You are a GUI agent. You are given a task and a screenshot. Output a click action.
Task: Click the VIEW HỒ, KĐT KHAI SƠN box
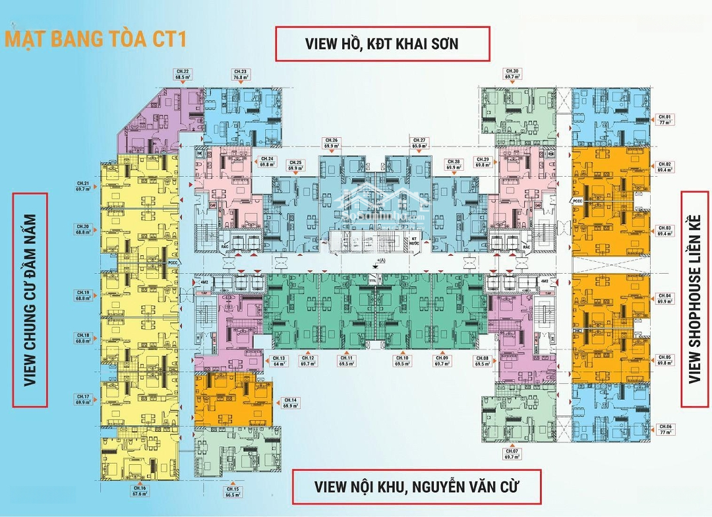click(382, 44)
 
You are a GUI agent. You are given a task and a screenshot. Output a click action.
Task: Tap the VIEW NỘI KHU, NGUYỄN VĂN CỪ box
click(417, 487)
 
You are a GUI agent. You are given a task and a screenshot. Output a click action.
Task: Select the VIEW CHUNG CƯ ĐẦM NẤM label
click(30, 299)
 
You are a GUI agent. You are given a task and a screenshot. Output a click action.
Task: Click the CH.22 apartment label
click(182, 74)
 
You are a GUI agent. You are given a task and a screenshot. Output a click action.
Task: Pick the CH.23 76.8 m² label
click(240, 74)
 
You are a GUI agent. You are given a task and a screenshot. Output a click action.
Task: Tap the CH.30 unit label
click(511, 74)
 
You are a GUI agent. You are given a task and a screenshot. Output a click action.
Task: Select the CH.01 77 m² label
click(664, 120)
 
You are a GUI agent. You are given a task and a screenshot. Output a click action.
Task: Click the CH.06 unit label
click(664, 429)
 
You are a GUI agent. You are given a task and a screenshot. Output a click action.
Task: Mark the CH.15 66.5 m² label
click(232, 491)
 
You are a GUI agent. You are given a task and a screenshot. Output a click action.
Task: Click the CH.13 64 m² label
click(280, 361)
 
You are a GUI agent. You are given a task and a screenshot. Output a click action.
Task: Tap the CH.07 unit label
click(512, 454)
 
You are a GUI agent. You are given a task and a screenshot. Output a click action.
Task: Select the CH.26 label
click(331, 143)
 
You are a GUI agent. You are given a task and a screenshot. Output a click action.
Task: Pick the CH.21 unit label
click(82, 186)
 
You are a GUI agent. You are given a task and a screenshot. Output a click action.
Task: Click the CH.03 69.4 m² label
click(664, 231)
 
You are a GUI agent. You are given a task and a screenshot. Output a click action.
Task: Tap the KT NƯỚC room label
click(415, 241)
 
